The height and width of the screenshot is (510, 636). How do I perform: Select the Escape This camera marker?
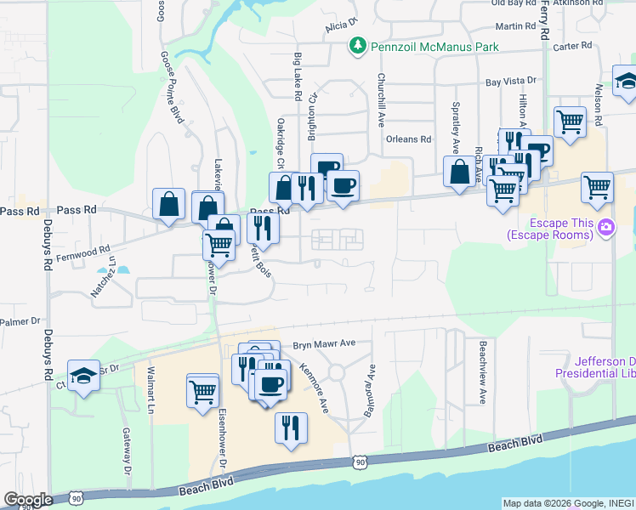click(x=606, y=226)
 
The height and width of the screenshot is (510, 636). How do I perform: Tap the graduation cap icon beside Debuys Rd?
click(x=84, y=377)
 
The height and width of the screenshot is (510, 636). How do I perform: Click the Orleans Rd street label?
click(x=409, y=139)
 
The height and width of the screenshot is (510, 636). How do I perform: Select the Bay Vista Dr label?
click(x=511, y=82)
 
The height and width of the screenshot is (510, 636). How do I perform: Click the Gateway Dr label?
click(x=126, y=450)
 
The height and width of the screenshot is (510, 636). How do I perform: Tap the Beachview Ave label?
click(x=482, y=372)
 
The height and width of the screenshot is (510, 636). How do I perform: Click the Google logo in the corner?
click(x=27, y=500)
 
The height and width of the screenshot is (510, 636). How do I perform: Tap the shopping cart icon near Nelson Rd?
click(x=598, y=186)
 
